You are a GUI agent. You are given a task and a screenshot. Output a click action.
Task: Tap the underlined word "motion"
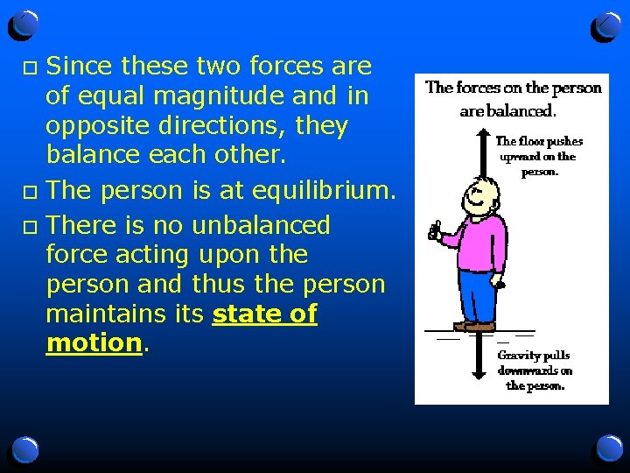click(x=94, y=342)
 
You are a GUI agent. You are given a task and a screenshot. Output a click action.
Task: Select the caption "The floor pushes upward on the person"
click(x=539, y=156)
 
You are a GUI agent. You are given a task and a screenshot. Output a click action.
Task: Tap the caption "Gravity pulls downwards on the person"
click(x=535, y=370)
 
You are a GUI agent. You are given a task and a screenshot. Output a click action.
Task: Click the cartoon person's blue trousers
click(x=477, y=293)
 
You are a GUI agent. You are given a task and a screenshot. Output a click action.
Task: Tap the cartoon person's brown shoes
click(x=473, y=326)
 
